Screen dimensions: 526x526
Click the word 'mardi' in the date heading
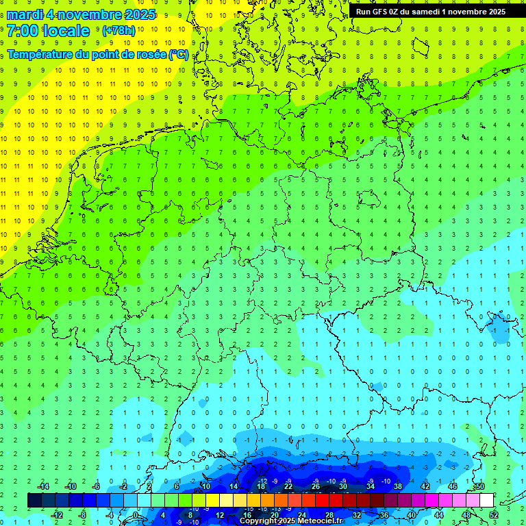pos(24,14)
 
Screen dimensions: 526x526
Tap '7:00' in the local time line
pos(23,31)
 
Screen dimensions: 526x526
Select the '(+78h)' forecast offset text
pos(118,31)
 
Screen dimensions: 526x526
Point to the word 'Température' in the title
pos(38,54)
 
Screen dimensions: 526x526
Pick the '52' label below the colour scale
pos(494,515)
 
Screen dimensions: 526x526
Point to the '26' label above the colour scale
pos(316,486)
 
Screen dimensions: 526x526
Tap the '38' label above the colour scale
pos(398,486)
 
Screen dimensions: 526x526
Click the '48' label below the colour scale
pos(466,515)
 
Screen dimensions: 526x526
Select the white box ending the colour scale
pos(486,501)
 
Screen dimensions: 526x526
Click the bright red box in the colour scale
pos(322,501)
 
